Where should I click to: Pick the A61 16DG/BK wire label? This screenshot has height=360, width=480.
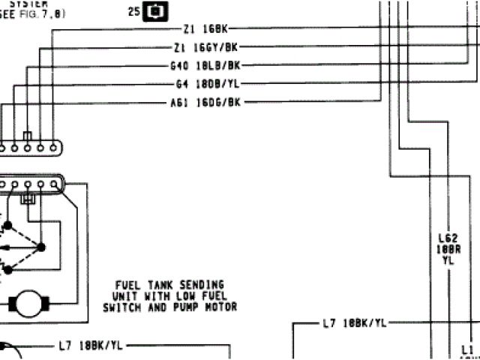205,101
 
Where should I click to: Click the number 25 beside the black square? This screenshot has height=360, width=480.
133,11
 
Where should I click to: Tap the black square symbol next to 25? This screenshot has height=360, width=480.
157,11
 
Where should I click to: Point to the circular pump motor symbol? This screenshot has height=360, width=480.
28,304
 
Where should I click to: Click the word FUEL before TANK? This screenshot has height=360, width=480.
127,285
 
